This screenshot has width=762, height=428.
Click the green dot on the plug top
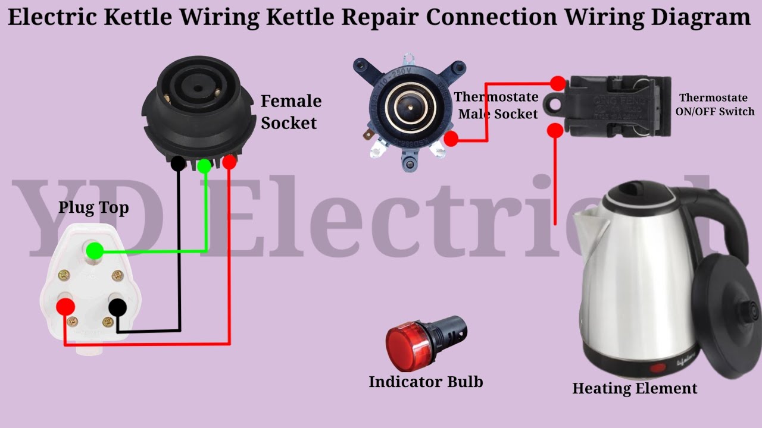(93, 251)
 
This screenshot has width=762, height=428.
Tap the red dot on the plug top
(65, 307)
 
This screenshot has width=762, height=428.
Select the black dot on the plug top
(118, 307)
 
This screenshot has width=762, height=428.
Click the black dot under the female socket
(178, 163)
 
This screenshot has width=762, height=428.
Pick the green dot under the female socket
(204, 166)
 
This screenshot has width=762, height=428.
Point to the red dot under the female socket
(229, 162)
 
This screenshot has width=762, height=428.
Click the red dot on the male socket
(451, 139)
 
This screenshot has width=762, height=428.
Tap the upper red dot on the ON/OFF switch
(558, 83)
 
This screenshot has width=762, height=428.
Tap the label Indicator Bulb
(426, 382)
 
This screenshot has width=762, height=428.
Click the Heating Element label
(635, 389)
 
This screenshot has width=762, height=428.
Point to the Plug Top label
(93, 208)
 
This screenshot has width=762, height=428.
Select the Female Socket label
(291, 112)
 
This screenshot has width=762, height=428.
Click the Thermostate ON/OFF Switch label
(717, 105)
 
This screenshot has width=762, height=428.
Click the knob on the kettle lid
(749, 309)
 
